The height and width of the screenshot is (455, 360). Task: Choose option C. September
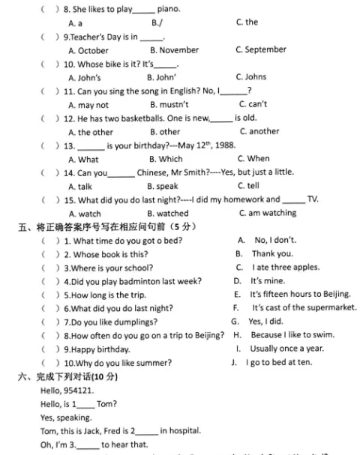tap(261, 49)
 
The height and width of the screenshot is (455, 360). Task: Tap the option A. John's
tap(83, 77)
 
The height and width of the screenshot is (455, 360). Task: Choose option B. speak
tap(163, 186)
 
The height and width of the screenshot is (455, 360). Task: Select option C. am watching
tap(267, 214)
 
